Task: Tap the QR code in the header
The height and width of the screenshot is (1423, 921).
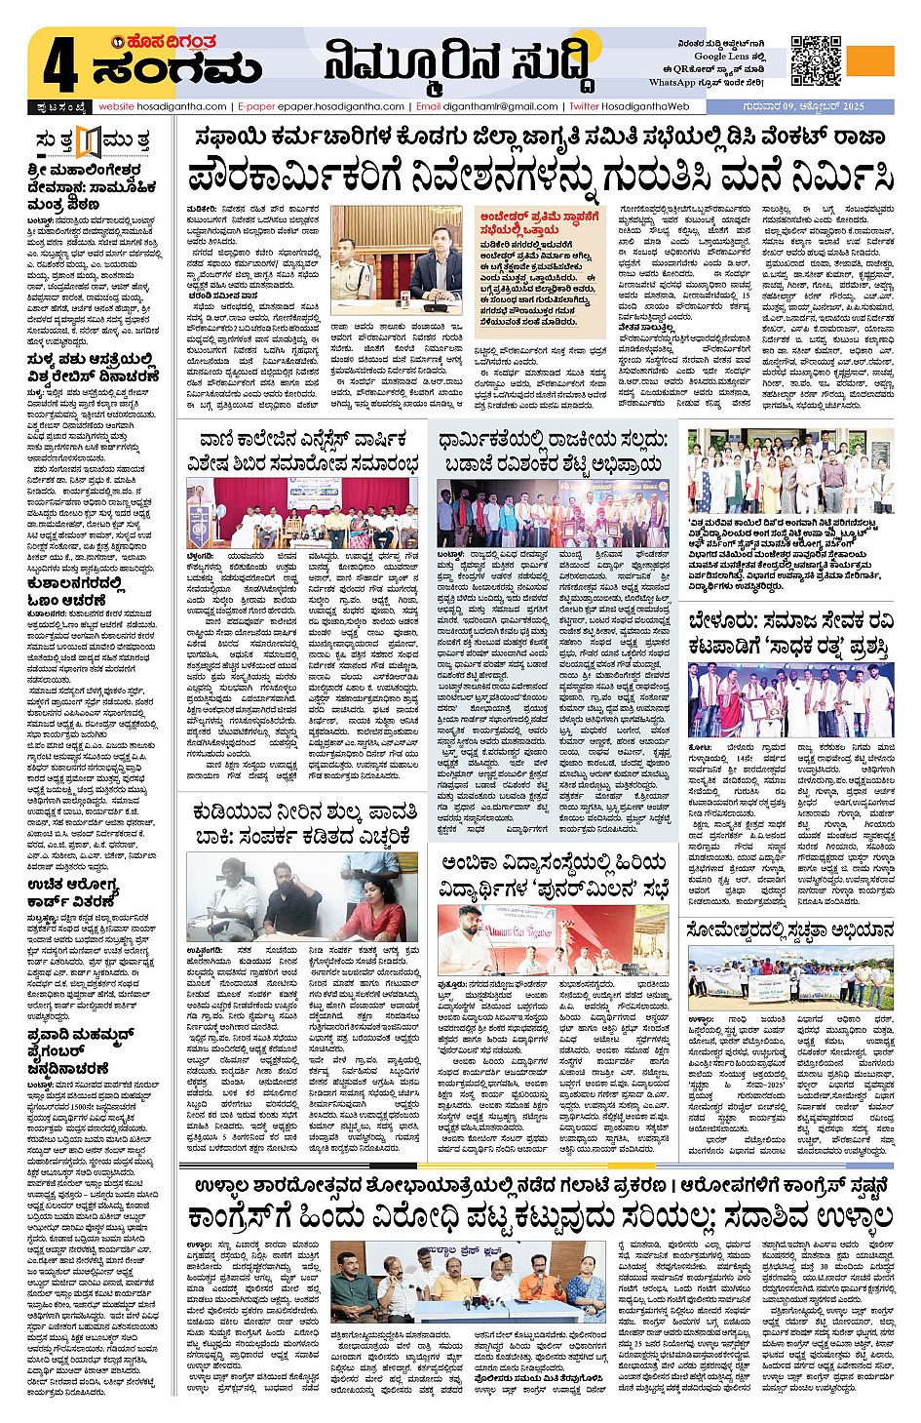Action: tap(816, 60)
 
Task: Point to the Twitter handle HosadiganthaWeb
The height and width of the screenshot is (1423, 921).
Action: tap(643, 106)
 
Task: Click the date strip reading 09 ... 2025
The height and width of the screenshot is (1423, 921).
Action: tap(802, 106)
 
